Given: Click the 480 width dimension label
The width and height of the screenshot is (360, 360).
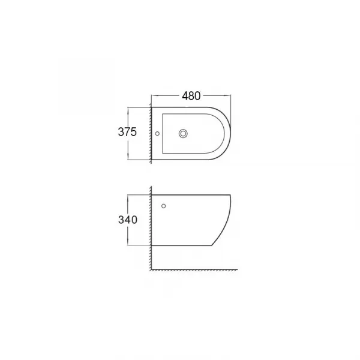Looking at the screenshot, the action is [191, 96].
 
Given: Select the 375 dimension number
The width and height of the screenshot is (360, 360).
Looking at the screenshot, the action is [127, 132].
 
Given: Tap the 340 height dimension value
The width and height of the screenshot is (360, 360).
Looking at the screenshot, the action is [128, 220].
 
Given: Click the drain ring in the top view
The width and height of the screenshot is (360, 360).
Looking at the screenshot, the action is [183, 133].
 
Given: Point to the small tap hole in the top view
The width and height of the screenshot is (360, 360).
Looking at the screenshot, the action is [157, 133].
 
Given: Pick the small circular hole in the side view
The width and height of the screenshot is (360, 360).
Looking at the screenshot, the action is [163, 206].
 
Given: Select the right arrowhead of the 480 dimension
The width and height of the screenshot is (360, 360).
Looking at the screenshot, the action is [228, 95].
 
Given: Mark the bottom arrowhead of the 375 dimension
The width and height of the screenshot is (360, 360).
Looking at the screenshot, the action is [128, 157].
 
